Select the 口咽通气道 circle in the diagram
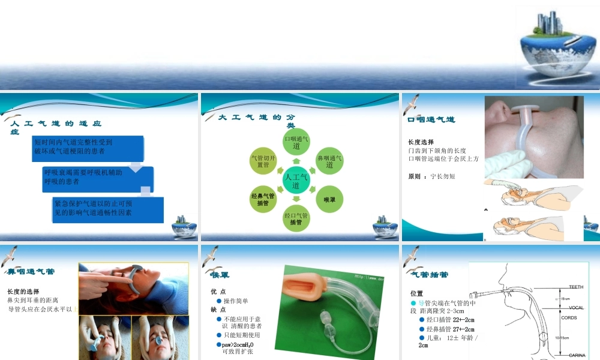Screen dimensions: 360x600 (x=296, y=142)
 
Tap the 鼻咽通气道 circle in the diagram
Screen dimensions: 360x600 (x=329, y=161)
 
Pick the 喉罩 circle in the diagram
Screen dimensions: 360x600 (x=329, y=199)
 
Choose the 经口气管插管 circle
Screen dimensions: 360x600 (x=296, y=218)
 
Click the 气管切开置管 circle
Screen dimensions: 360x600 (x=263, y=161)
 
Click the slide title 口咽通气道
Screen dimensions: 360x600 (x=431, y=120)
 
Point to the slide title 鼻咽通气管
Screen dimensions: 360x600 (x=31, y=271)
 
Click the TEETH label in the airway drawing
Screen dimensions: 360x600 (x=576, y=287)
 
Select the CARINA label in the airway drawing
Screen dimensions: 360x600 (x=577, y=355)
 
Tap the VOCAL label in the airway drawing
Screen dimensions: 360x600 (x=576, y=308)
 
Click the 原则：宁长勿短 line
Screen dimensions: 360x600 (x=431, y=176)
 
